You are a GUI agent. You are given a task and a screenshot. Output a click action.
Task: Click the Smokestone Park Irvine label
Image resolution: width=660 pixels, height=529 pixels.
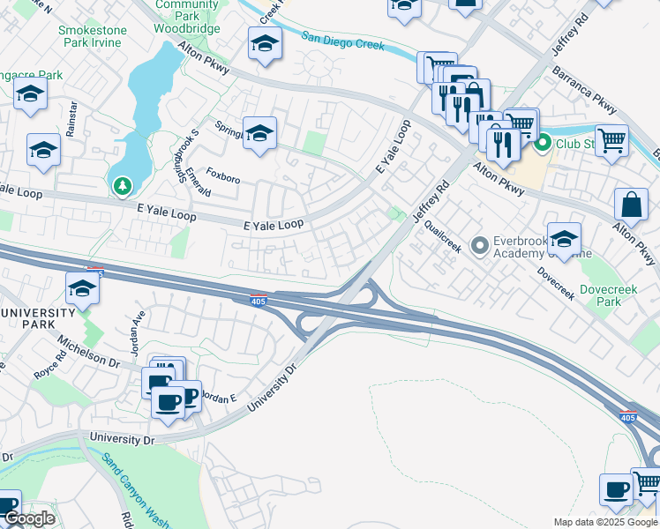(92, 36)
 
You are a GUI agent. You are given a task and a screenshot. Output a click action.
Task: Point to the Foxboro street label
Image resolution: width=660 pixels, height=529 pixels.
(222, 177)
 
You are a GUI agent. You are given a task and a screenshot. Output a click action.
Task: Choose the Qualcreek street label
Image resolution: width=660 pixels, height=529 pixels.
(442, 235)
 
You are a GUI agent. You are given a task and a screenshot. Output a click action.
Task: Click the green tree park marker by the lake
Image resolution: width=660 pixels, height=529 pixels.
(122, 185)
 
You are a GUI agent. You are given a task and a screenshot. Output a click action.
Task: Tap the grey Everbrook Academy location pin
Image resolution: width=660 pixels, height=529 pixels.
(480, 244)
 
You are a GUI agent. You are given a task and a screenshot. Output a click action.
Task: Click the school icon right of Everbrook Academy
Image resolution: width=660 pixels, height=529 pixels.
(564, 237)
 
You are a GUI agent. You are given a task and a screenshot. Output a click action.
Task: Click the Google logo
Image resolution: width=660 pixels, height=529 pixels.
(29, 519)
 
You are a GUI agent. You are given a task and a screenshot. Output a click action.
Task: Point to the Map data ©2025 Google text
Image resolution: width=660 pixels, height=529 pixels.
(604, 522)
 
